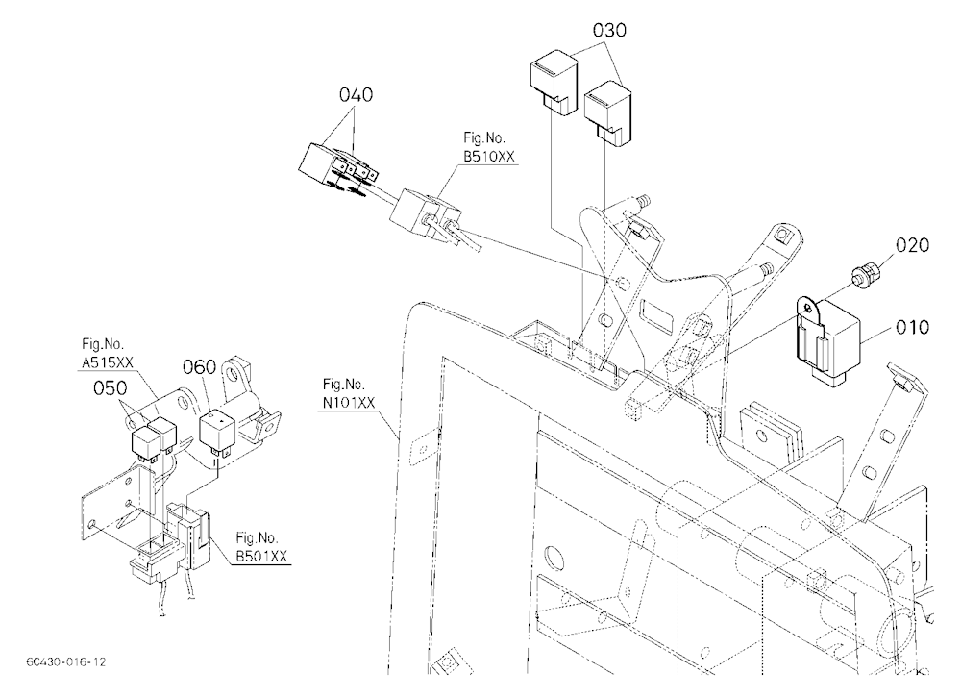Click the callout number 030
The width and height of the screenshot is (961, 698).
pyautogui.click(x=609, y=30)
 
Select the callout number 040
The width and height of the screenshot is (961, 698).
pyautogui.click(x=356, y=95)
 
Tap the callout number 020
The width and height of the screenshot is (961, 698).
pyautogui.click(x=912, y=245)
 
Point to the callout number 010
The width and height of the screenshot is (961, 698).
pyautogui.click(x=912, y=328)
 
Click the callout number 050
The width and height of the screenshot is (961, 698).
pyautogui.click(x=111, y=388)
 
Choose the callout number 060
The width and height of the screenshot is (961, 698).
pyautogui.click(x=200, y=367)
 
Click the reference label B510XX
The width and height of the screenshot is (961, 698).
pyautogui.click(x=488, y=157)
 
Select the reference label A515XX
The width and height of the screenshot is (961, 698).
pyautogui.click(x=108, y=363)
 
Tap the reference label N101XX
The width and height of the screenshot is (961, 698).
pyautogui.click(x=348, y=404)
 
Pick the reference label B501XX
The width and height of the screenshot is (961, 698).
pyautogui.click(x=261, y=557)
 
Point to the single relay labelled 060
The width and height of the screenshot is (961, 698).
pyautogui.click(x=215, y=435)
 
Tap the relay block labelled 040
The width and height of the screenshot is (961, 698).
pyautogui.click(x=337, y=168)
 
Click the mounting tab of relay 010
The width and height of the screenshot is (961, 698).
pyautogui.click(x=809, y=308)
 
